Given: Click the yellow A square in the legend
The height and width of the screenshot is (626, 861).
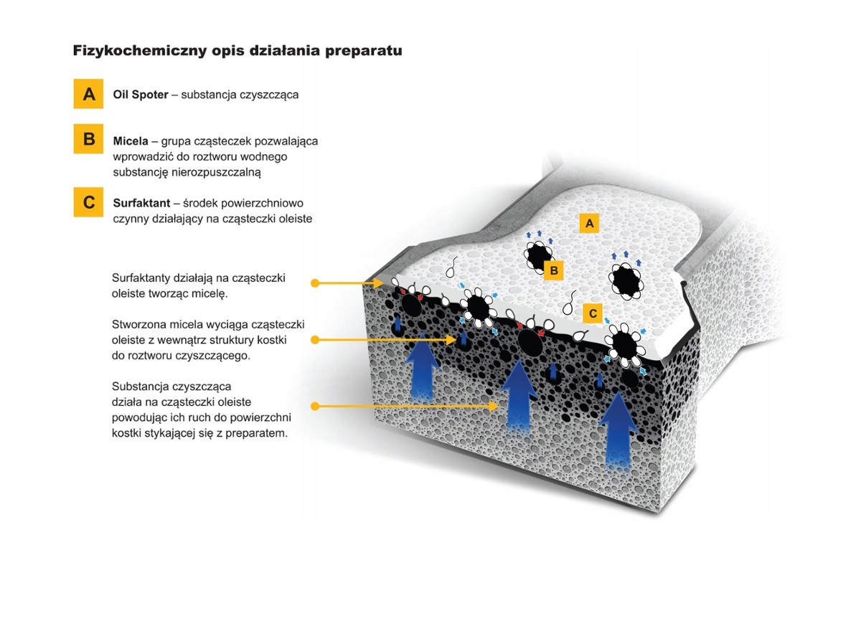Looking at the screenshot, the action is click(x=88, y=94).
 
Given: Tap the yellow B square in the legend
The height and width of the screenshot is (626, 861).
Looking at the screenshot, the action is click(x=88, y=138).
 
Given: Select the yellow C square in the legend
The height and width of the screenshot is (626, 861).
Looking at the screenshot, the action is click(x=88, y=202).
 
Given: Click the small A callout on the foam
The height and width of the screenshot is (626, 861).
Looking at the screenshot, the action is click(x=589, y=223).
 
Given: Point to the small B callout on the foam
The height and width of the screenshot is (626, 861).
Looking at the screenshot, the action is click(x=554, y=270).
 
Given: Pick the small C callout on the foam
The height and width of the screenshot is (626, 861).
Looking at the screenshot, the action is click(x=593, y=313).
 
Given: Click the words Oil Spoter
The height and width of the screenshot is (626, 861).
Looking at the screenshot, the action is click(x=141, y=95).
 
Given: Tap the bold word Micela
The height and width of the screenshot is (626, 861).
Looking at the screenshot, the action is click(x=131, y=141).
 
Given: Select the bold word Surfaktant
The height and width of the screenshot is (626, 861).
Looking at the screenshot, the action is click(x=141, y=203).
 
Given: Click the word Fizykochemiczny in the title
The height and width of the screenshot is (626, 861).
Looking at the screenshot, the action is click(x=140, y=50).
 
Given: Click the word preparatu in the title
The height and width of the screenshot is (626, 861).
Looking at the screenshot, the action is click(x=364, y=51).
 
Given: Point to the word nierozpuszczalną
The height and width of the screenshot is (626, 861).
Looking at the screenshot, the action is click(x=216, y=172).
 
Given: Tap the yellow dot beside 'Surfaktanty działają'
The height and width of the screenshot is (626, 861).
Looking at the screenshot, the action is click(x=315, y=283).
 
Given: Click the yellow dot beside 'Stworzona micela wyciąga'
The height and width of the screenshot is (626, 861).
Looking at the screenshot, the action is click(x=315, y=340).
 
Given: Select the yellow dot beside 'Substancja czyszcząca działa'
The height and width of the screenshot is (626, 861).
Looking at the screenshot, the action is click(x=315, y=407).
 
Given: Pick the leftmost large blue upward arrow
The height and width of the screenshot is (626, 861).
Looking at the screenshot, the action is click(x=422, y=366).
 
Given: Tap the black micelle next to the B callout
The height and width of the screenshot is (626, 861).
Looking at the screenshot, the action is click(x=538, y=255).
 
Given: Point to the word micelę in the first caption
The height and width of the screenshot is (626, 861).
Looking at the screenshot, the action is click(x=210, y=294).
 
